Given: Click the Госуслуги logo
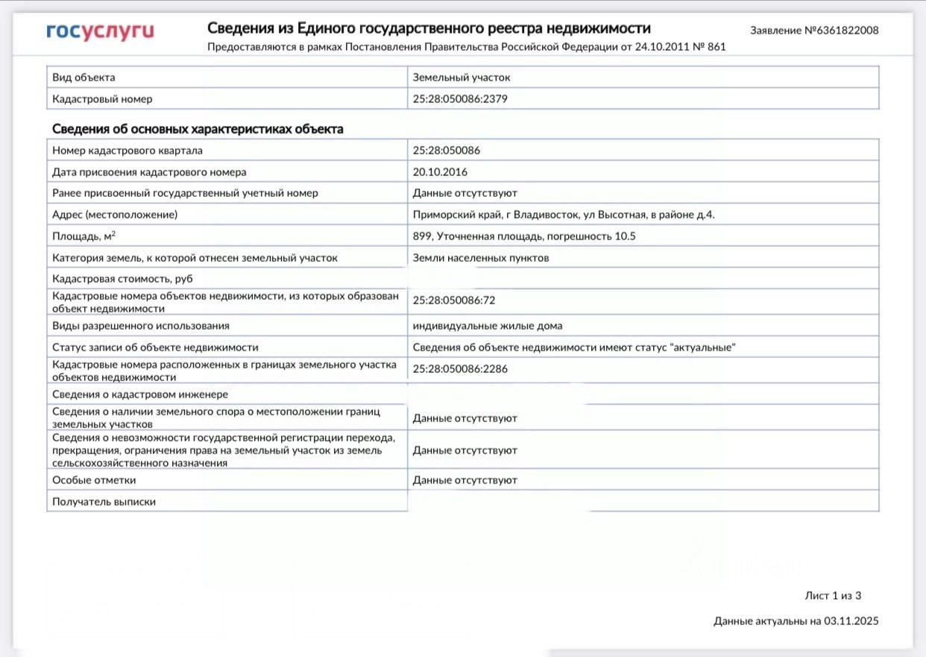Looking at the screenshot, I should point(100,31).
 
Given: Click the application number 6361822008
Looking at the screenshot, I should point(842,31).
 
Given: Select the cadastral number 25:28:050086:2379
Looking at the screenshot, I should point(460,98).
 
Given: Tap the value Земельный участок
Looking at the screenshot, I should point(462,78).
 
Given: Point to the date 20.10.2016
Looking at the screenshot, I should point(440,172).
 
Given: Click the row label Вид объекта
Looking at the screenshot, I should point(84,78).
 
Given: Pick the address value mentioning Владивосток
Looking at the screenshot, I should point(564,215).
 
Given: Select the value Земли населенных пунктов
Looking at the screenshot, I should point(481,258).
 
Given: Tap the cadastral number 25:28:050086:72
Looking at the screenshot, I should point(454,301).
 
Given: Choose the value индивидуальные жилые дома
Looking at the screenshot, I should point(488,326).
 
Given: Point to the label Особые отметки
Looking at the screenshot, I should point(94,480).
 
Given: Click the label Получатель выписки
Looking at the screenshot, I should point(104,502).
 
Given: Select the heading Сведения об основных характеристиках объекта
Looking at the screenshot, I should point(198,129).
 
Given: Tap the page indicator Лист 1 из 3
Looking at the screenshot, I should point(833,595).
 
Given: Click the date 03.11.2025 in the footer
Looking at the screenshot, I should point(851,620).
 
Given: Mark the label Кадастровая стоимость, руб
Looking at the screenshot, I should point(117,279).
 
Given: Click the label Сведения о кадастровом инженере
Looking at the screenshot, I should point(140,394).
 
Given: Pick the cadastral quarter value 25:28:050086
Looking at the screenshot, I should point(447,151).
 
